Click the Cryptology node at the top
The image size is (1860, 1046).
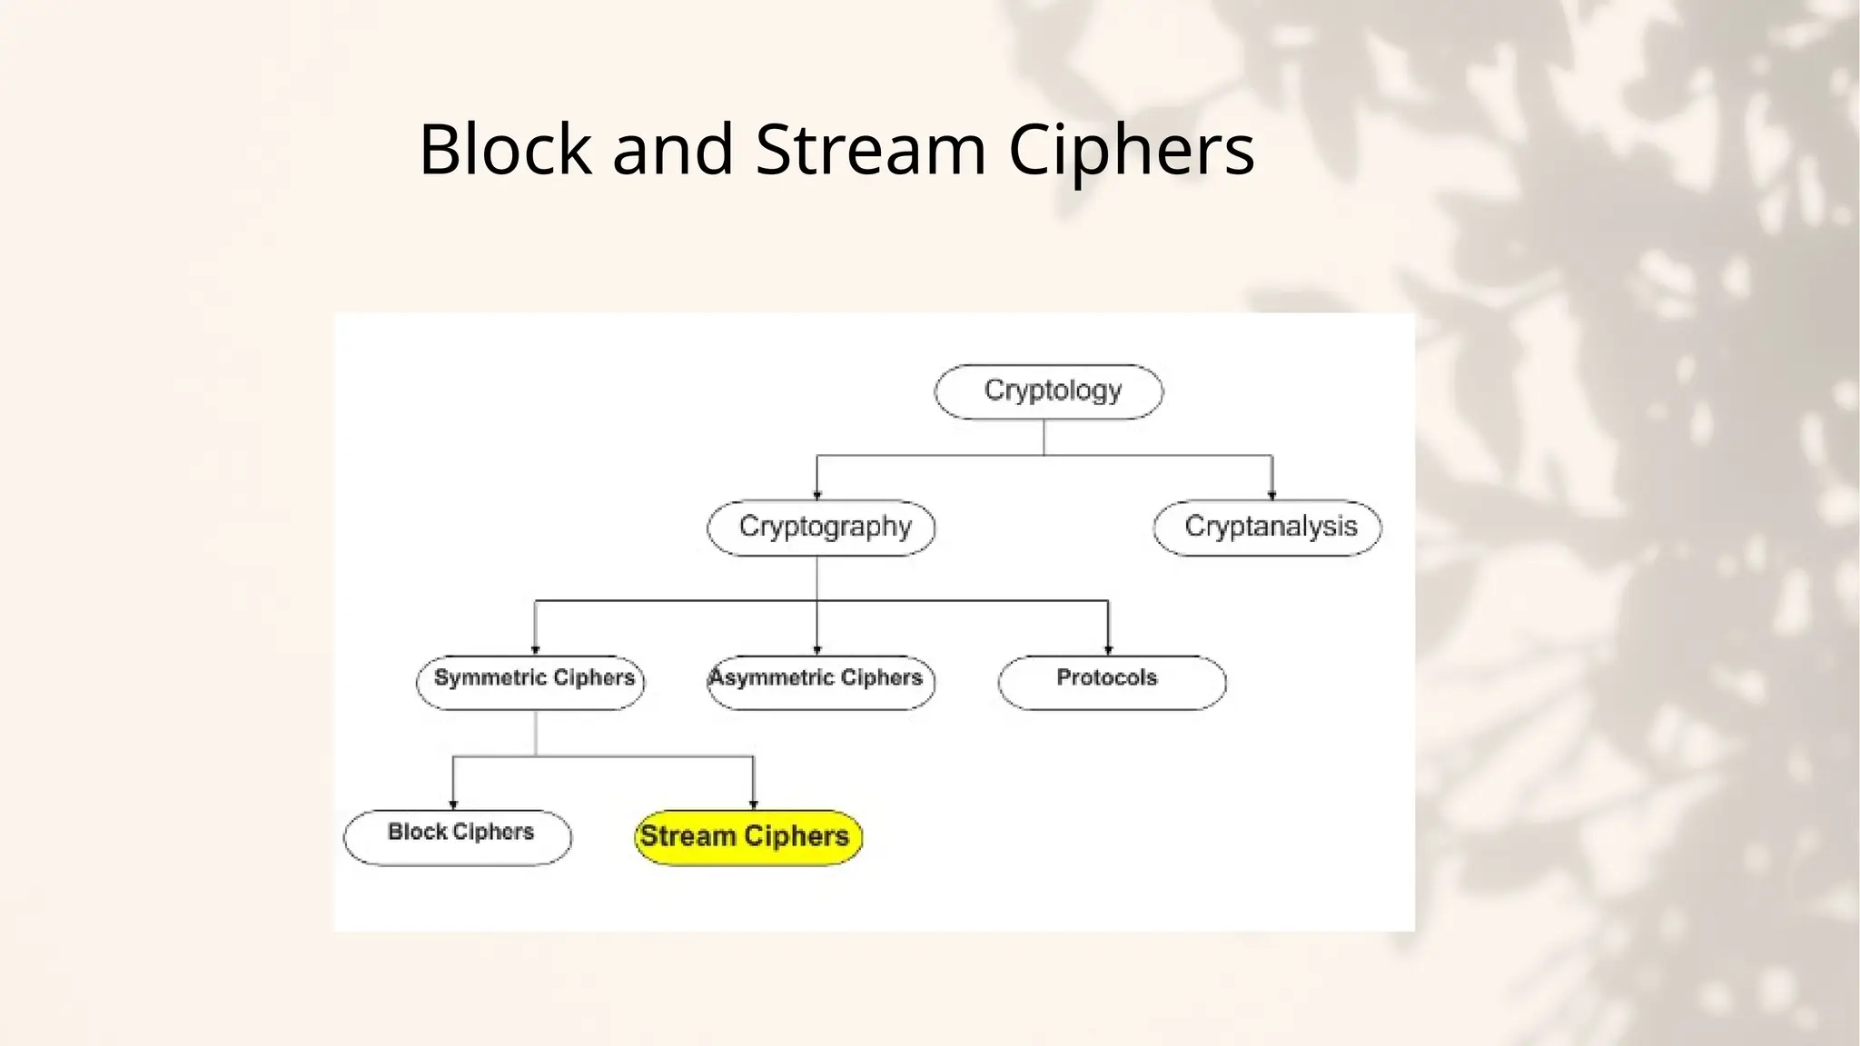[x=1049, y=391]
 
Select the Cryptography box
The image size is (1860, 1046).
[x=821, y=528]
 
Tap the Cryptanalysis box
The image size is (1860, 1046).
[x=1268, y=528]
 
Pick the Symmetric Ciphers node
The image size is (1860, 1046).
[x=531, y=682]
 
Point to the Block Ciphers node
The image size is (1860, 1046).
[x=458, y=836]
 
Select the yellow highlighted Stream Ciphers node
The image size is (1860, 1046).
[x=747, y=836]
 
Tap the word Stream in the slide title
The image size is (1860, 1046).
[x=870, y=150]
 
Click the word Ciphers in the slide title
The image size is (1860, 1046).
[x=1132, y=150]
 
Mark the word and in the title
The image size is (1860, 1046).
[x=672, y=150]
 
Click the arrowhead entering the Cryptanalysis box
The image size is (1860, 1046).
[x=1271, y=495]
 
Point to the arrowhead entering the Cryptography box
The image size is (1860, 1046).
[x=817, y=495]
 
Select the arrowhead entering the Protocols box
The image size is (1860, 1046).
[x=1108, y=649]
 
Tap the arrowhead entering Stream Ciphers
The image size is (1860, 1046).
[x=753, y=804]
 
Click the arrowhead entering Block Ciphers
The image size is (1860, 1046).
[x=453, y=804]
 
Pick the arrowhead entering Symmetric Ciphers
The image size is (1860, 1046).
[x=535, y=649]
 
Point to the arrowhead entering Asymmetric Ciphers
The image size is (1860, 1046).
[x=817, y=649]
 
